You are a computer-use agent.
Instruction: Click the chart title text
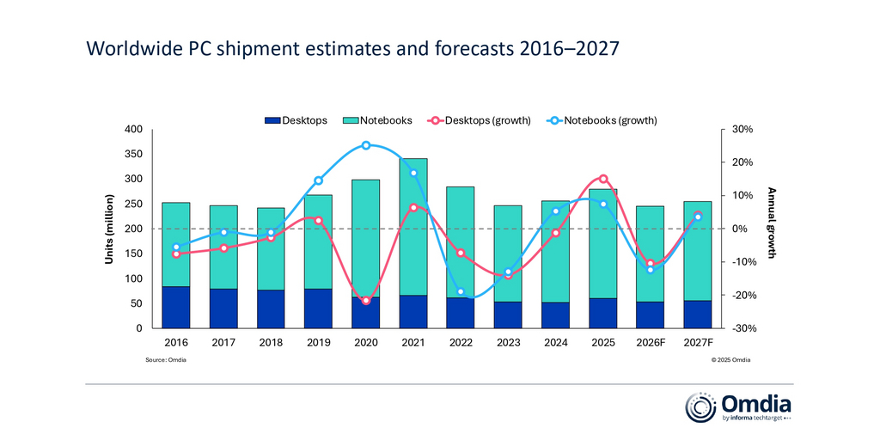pos(352,49)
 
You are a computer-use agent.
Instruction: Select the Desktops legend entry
pos(296,120)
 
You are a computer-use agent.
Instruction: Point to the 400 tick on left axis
pos(132,130)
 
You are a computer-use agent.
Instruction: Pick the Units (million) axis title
pos(110,228)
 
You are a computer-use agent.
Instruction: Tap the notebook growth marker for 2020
pos(366,145)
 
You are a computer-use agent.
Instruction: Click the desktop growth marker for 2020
pos(366,301)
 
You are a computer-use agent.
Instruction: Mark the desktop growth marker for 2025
pos(603,179)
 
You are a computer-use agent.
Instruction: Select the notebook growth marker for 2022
pos(461,292)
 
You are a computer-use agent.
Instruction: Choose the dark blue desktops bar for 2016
pos(176,307)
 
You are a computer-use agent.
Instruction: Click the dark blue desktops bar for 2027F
pos(698,314)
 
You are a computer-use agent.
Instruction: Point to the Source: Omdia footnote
pos(166,360)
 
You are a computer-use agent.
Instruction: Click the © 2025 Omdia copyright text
pos(730,360)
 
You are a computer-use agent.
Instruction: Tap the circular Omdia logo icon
pos(699,406)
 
